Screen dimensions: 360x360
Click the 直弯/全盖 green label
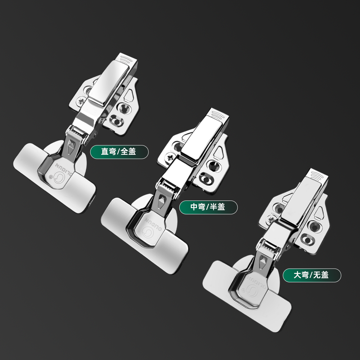pyautogui.click(x=119, y=152)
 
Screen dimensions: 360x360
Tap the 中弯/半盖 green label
pyautogui.click(x=208, y=207)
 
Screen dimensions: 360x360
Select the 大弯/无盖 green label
pyautogui.click(x=312, y=275)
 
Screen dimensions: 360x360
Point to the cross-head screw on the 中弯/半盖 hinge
pyautogui.click(x=170, y=158)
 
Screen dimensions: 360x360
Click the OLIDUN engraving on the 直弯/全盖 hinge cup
pyautogui.click(x=63, y=169)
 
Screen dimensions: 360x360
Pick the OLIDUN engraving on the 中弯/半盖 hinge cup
pyautogui.click(x=153, y=224)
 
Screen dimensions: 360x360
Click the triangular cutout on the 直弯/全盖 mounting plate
pyautogui.click(x=129, y=95)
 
